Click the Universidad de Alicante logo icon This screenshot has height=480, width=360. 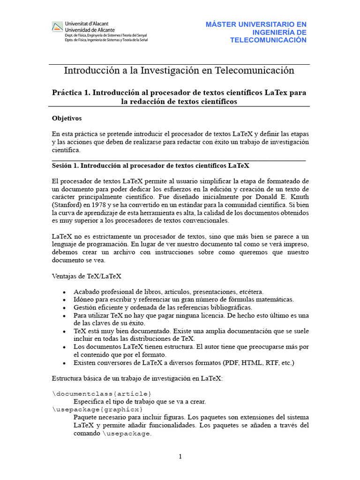point(57,27)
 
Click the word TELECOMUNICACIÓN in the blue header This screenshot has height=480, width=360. point(268,40)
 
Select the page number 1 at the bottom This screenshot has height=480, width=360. point(180,457)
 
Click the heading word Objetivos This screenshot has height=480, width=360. point(67,119)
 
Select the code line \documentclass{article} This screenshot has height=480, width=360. point(102,393)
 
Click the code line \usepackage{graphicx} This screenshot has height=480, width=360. point(97,409)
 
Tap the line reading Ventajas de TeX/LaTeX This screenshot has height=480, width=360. point(86,277)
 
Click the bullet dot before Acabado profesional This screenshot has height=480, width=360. point(64,292)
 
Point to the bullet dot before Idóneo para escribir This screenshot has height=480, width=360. point(64,300)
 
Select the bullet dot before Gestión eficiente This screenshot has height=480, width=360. point(64,308)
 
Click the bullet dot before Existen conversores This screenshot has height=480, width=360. point(64,363)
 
